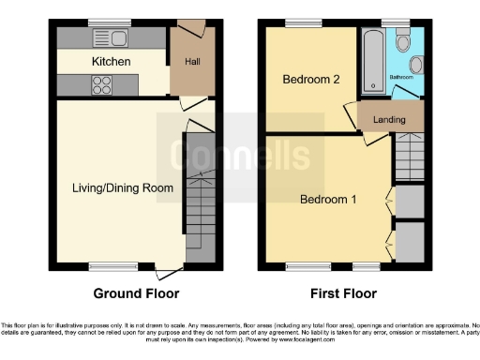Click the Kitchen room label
(x=111, y=62)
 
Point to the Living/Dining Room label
(x=123, y=187)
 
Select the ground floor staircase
(x=199, y=202)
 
